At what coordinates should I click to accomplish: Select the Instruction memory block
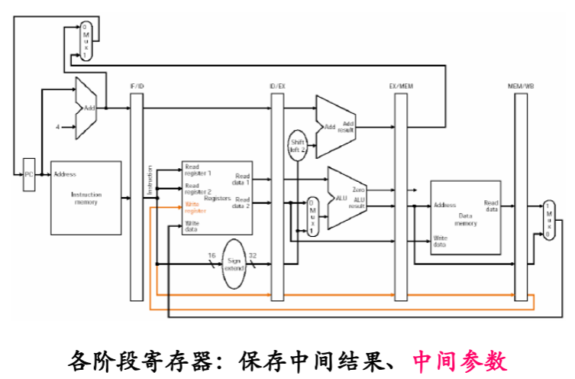pos(86,198)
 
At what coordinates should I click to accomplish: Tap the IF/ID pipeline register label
pos(137,86)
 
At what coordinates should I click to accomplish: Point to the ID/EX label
pos(277,86)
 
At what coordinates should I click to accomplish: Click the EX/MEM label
pos(401,86)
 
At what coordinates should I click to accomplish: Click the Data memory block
pos(466,218)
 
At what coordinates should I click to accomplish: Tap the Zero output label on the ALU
pos(357,188)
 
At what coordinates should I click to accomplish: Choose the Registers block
pos(218,198)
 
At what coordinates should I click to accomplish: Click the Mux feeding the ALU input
pos(312,217)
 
